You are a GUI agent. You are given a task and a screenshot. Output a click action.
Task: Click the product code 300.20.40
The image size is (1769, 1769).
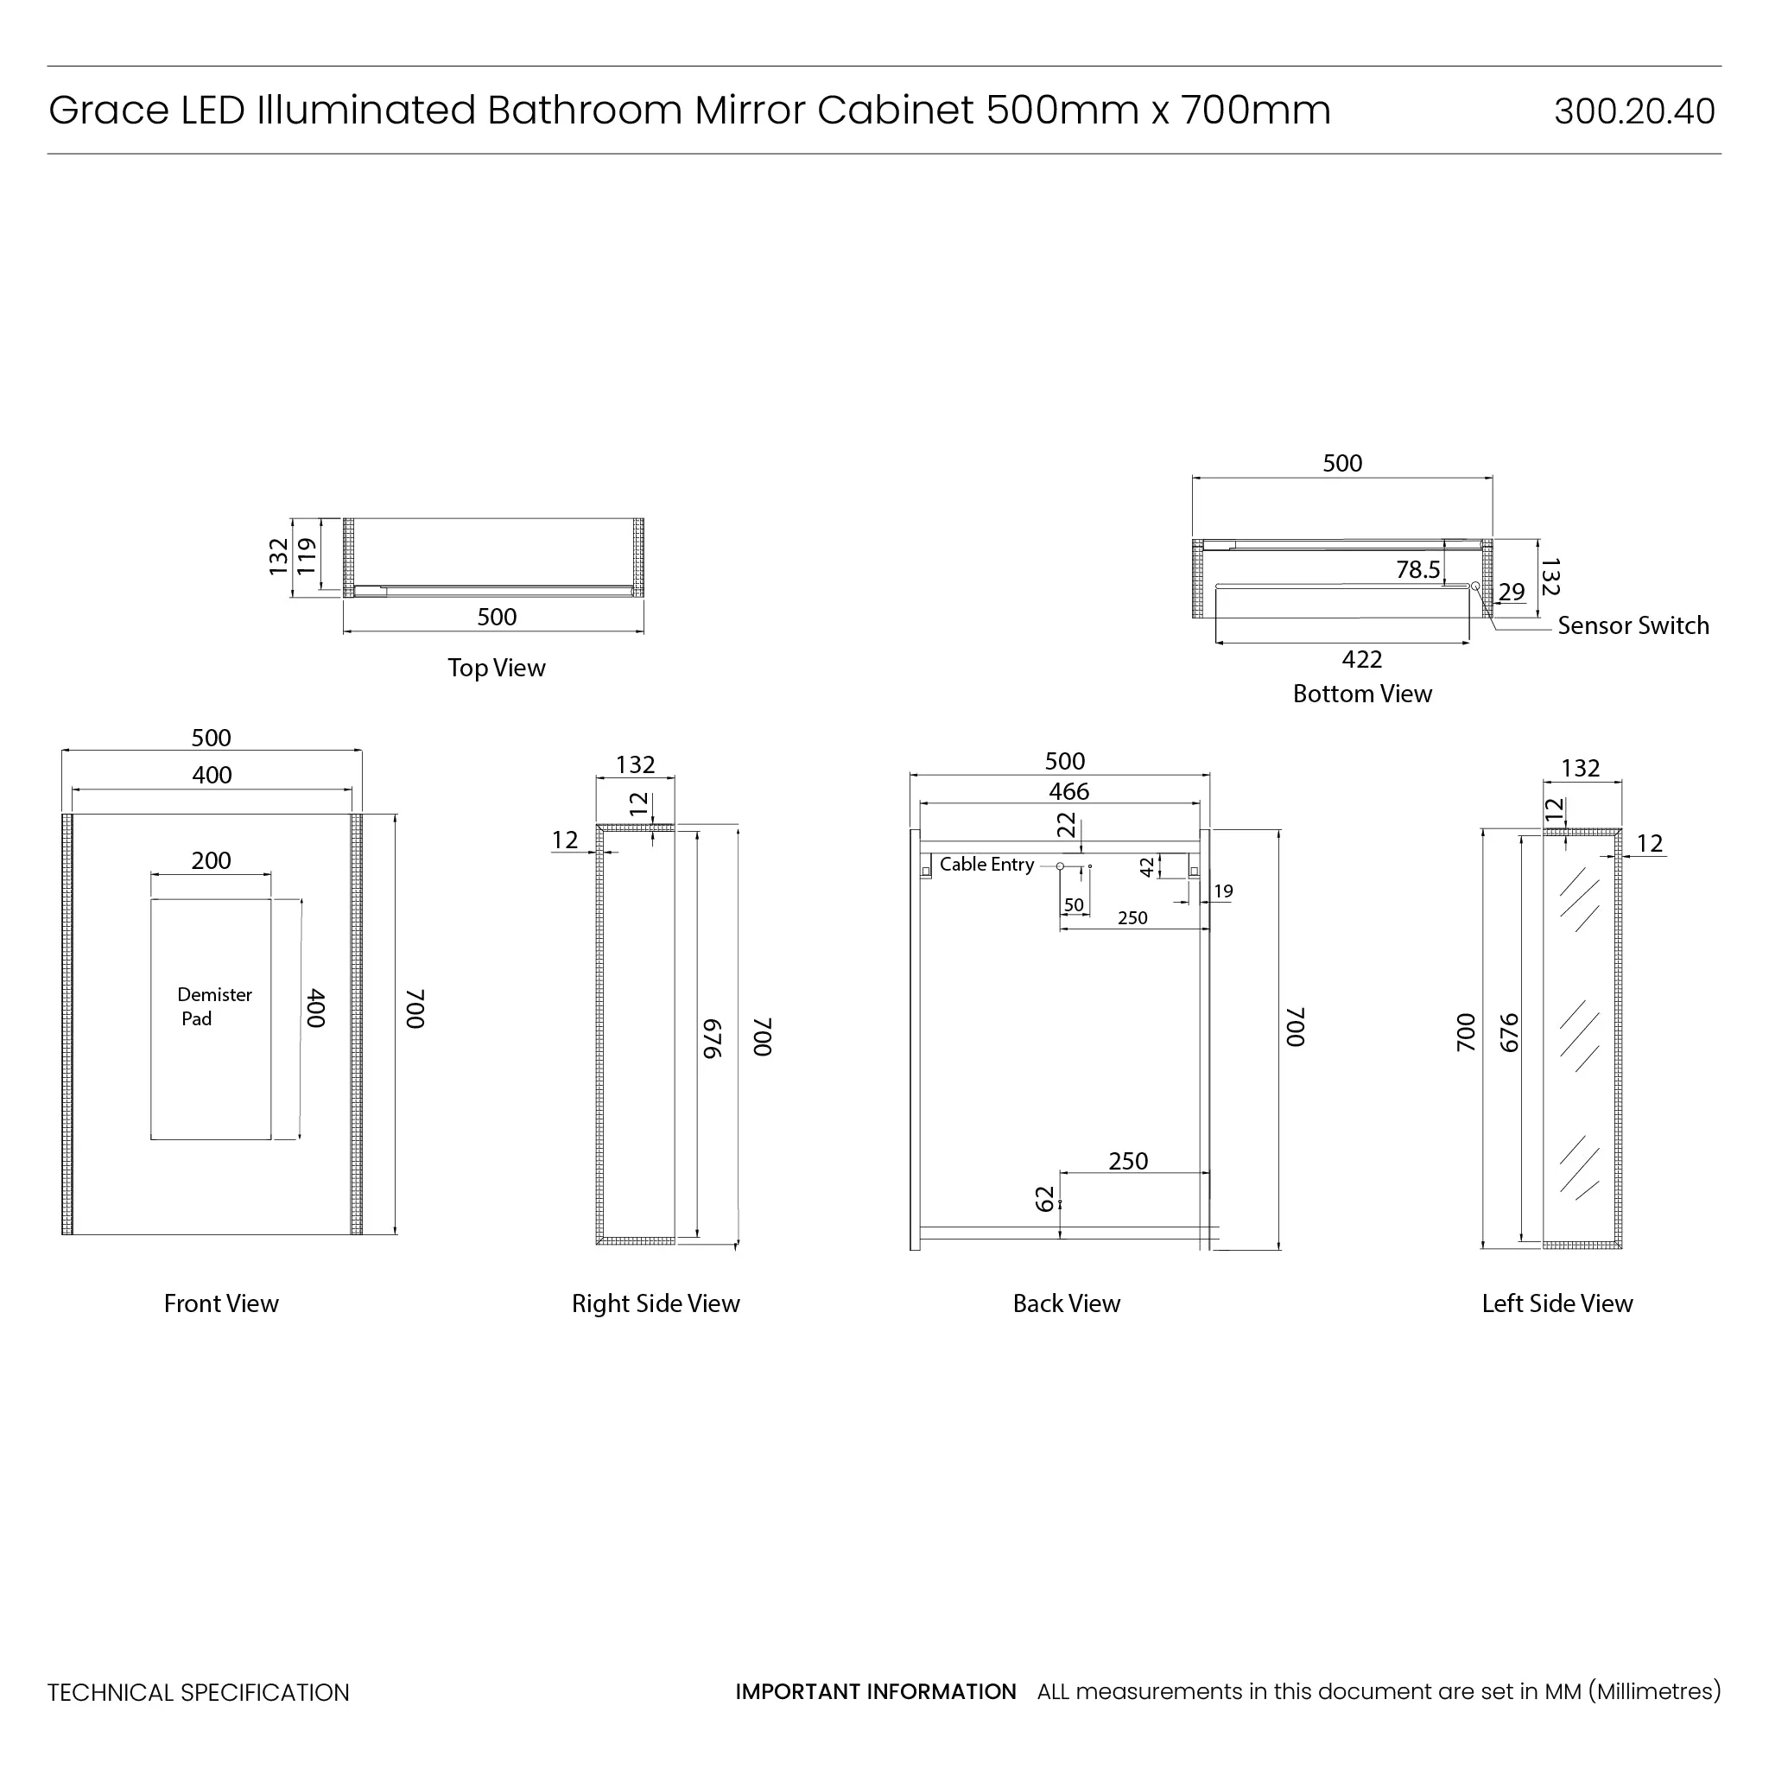tap(1633, 111)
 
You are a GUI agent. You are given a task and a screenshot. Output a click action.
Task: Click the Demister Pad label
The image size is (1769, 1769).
tap(214, 1006)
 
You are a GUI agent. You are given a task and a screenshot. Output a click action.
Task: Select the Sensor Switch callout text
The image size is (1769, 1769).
tap(1633, 625)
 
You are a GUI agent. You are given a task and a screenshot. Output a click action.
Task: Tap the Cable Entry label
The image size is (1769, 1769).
tap(986, 865)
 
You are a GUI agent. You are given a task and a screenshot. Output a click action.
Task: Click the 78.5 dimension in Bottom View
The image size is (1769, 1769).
tap(1417, 569)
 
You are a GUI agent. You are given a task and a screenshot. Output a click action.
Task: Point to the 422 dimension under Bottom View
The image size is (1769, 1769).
tap(1361, 659)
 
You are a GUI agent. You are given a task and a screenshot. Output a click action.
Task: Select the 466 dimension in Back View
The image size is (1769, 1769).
tap(1068, 791)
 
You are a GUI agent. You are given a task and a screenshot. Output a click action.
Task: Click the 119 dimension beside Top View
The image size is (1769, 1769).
tap(306, 555)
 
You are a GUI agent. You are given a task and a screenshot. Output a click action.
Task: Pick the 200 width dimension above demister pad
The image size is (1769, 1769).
tap(211, 859)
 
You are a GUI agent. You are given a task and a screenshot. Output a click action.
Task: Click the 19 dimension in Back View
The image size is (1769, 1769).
tap(1223, 891)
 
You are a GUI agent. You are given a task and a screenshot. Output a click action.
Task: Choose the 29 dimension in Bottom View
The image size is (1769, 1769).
tap(1512, 592)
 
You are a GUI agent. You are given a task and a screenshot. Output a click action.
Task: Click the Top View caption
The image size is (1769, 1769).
tap(497, 668)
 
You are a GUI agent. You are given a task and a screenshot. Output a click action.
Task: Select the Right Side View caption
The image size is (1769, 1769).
tap(656, 1303)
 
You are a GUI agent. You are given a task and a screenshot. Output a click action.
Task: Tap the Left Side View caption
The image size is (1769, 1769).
tap(1557, 1303)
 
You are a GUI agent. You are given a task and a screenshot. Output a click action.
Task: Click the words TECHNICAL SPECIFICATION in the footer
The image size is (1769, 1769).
tap(199, 1692)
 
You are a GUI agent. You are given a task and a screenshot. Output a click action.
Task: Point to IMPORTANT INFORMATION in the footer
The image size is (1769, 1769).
tap(875, 1691)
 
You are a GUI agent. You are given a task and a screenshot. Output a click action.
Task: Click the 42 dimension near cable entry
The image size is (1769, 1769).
tap(1147, 866)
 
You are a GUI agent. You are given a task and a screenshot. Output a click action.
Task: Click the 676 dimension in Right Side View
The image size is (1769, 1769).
tap(713, 1038)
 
